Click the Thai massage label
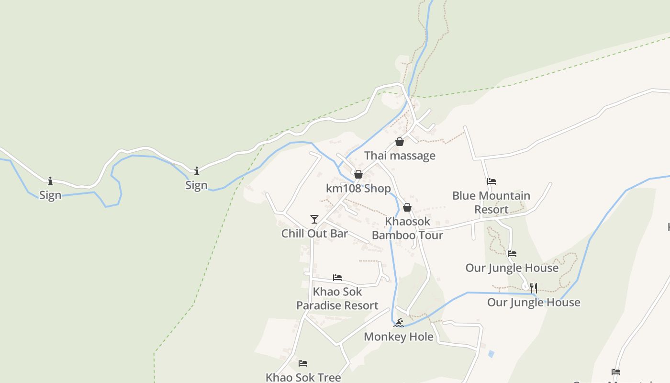pos(400,156)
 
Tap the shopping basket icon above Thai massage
pos(400,142)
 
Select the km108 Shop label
pos(358,188)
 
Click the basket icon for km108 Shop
pos(358,174)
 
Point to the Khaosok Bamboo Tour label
pos(407,228)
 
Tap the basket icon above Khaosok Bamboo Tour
pos(407,207)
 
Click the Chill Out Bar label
pos(314,234)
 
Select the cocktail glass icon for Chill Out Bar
pos(314,219)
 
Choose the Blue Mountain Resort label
pos(491,203)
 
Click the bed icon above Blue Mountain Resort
pos(491,181)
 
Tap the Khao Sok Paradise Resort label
pos(337,299)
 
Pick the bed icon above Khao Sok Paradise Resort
pos(337,278)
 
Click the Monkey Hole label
pos(399,337)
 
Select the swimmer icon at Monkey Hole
pos(399,323)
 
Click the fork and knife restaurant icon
pos(534,288)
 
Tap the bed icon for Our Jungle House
pos(512,254)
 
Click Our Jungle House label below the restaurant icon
pos(534,303)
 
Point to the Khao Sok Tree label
pos(303,377)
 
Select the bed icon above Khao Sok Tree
pos(303,363)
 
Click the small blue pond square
pos(491,354)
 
